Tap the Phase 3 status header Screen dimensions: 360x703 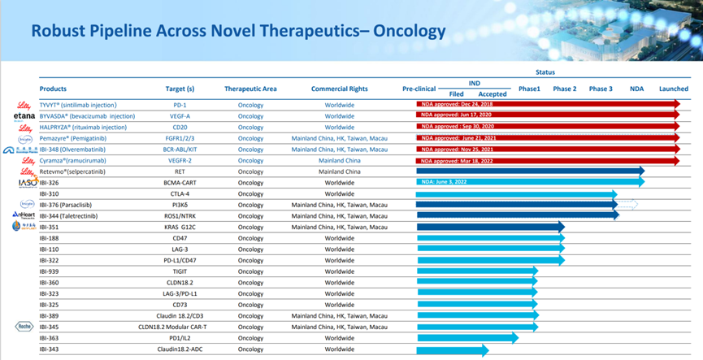coord(601,88)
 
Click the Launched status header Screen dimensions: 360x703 coord(674,88)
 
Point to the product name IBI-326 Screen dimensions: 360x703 coord(49,183)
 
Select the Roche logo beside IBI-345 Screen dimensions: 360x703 coord(24,327)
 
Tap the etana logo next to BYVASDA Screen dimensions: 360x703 coord(24,116)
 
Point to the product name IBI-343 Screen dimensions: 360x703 coord(49,349)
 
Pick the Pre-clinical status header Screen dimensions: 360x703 coord(419,88)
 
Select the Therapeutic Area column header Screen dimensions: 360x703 coord(251,88)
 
